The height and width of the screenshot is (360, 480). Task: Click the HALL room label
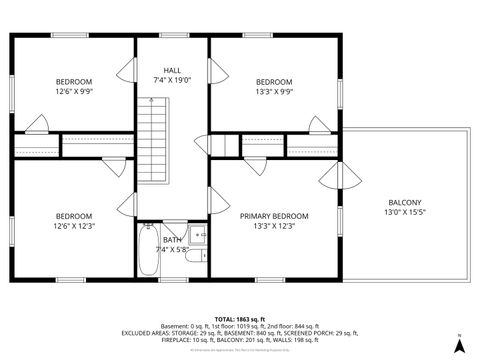point(172,70)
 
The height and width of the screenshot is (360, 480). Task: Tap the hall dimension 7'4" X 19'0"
point(172,81)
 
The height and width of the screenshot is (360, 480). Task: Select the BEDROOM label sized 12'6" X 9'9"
point(73,82)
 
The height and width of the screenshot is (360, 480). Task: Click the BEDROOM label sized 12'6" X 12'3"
point(73,216)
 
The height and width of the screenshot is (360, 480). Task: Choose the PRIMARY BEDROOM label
point(273,216)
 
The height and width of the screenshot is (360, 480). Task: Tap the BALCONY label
point(405,201)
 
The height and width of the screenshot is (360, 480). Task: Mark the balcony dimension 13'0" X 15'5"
point(405,212)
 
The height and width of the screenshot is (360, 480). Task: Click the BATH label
point(172,239)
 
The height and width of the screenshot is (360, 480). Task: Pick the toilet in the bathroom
point(198,236)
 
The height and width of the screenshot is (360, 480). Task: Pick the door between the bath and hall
point(172,217)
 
